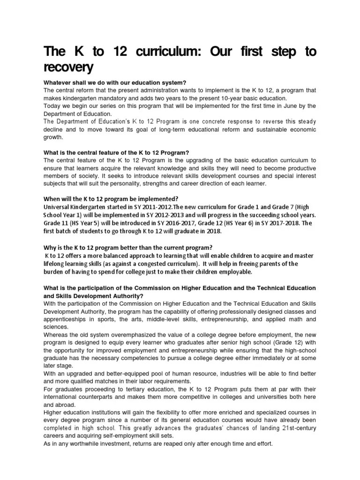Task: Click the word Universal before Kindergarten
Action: coord(58,207)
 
